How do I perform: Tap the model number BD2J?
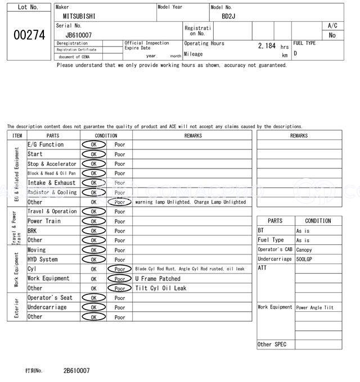pyautogui.click(x=228, y=16)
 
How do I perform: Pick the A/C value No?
pyautogui.click(x=332, y=35)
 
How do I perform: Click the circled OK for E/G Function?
pyautogui.click(x=93, y=145)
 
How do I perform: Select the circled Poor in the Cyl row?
pyautogui.click(x=120, y=269)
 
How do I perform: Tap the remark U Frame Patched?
pyautogui.click(x=158, y=279)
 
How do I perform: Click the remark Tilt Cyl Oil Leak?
pyautogui.click(x=161, y=288)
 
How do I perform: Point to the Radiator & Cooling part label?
pyautogui.click(x=52, y=193)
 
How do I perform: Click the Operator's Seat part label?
pyautogui.click(x=50, y=298)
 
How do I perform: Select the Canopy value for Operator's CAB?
pyautogui.click(x=304, y=250)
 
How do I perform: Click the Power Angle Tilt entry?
pyautogui.click(x=315, y=308)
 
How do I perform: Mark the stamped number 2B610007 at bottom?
pyautogui.click(x=76, y=371)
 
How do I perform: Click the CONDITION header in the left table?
pyautogui.click(x=106, y=135)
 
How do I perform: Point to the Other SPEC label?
pyautogui.click(x=272, y=344)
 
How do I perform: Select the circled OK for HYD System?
pyautogui.click(x=93, y=260)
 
